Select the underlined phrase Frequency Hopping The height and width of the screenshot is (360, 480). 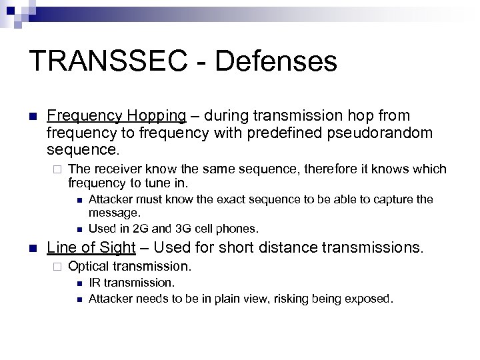[x=117, y=116]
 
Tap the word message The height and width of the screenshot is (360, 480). [x=115, y=213]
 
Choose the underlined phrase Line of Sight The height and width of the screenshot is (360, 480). [x=91, y=248]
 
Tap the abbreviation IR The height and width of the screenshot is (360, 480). [x=95, y=283]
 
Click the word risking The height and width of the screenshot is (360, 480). [x=287, y=299]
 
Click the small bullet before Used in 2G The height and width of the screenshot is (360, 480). [x=79, y=229]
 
